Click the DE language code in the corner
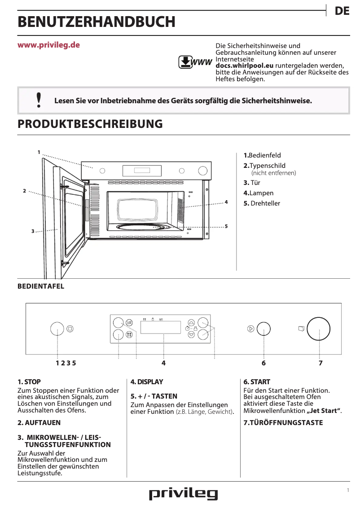click(x=342, y=12)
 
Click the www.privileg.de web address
click(x=48, y=45)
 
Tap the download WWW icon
click(x=195, y=62)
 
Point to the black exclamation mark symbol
click(x=39, y=100)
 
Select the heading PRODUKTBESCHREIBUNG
click(x=90, y=124)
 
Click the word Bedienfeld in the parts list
click(x=264, y=155)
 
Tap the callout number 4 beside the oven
click(x=226, y=202)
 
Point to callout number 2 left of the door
click(x=24, y=191)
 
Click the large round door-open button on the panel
click(x=319, y=329)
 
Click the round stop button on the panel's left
click(x=57, y=329)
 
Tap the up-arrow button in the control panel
click(x=191, y=322)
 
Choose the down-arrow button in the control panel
click(x=191, y=334)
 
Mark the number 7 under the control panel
click(x=320, y=363)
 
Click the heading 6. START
click(x=257, y=382)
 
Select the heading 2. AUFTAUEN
click(x=39, y=423)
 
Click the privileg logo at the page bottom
click(x=183, y=494)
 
